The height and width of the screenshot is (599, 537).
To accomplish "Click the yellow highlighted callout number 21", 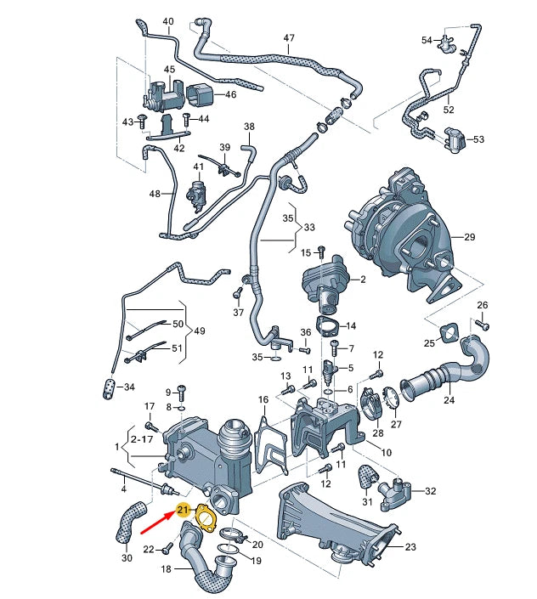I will (x=182, y=510).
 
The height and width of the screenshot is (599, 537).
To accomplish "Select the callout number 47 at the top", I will (x=289, y=38).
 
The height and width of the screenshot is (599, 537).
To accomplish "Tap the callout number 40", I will (x=167, y=21).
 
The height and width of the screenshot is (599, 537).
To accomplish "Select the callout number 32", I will (x=430, y=491).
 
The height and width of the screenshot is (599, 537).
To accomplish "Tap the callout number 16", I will (x=263, y=399).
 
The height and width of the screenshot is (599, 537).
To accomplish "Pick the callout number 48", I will (x=155, y=194).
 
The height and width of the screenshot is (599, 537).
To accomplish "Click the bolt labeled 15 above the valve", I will (x=320, y=251).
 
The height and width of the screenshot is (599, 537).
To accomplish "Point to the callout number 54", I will (x=427, y=39).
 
